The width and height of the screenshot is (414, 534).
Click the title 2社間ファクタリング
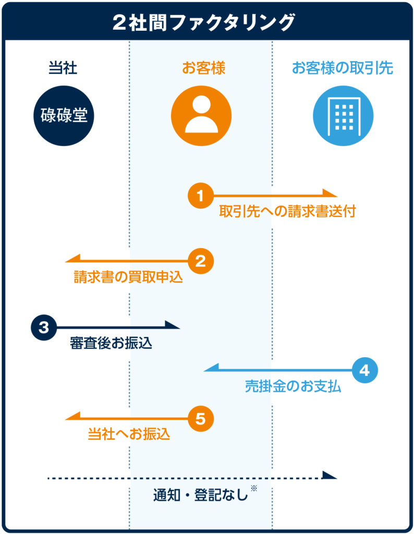click(207, 22)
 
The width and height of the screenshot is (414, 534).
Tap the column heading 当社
click(63, 68)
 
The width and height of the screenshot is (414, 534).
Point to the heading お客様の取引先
click(342, 68)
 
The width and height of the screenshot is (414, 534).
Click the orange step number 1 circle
click(201, 196)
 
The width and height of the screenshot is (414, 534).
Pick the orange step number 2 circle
click(201, 261)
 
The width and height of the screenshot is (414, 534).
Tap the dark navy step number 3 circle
click(44, 327)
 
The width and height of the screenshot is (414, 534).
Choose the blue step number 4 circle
click(364, 370)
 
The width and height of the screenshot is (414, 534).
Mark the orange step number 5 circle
click(201, 418)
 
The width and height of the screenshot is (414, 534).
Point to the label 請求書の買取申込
click(128, 277)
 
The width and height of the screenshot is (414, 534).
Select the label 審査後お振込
click(111, 344)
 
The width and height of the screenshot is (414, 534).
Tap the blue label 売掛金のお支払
click(293, 386)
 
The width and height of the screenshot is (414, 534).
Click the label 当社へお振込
click(129, 434)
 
